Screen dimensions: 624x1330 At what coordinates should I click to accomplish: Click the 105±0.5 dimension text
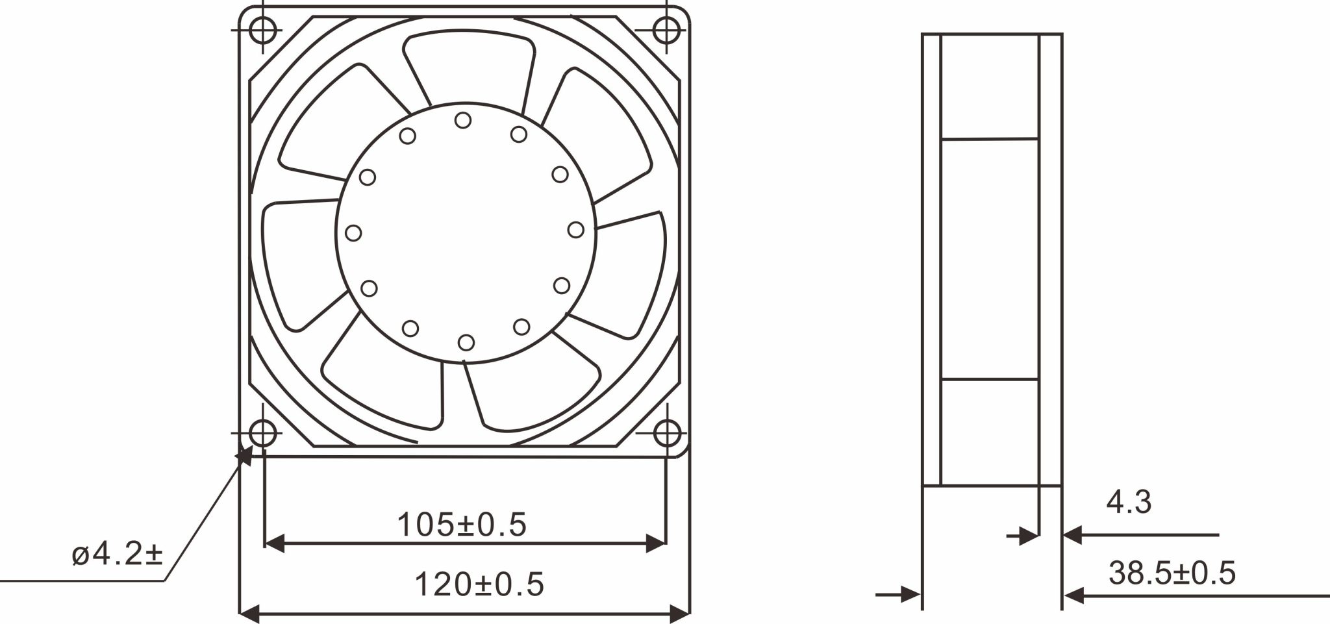[462, 525]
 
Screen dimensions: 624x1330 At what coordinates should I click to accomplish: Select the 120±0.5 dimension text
[479, 584]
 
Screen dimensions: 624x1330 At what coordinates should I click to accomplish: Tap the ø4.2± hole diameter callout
[118, 556]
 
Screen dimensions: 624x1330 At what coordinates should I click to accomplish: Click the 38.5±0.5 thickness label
[1172, 573]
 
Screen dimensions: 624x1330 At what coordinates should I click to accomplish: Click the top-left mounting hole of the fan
[262, 29]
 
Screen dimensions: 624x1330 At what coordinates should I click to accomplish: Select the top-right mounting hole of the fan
[666, 29]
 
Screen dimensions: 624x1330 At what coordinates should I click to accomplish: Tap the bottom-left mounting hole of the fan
[262, 432]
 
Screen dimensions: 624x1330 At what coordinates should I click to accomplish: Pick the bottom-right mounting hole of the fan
[666, 433]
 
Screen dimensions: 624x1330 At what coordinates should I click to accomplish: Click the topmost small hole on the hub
[463, 120]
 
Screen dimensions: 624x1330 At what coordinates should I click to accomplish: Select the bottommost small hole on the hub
[466, 342]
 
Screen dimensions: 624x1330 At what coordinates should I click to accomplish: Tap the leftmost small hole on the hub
[354, 232]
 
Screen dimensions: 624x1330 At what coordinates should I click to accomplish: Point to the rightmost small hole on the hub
[575, 229]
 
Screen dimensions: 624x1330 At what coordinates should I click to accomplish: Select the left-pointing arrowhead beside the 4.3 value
[1072, 536]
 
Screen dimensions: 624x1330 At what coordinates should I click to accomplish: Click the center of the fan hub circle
[465, 231]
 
